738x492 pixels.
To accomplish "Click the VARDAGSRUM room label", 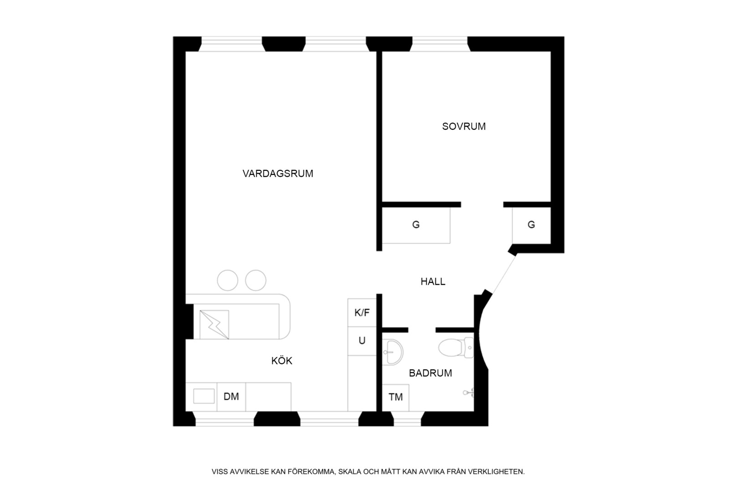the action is (278, 173).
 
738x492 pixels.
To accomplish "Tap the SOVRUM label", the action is (464, 126).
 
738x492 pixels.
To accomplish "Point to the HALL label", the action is (433, 282).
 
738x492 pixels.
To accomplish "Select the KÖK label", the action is (282, 360).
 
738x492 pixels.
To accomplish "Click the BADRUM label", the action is (430, 373).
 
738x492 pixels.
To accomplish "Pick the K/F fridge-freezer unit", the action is (362, 313).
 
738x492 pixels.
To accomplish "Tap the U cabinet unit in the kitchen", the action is (362, 341).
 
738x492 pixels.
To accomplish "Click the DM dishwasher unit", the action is (231, 397).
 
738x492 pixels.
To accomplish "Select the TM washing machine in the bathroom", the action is (395, 397).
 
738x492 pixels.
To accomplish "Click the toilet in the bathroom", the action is (456, 348).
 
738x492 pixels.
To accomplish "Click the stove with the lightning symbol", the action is (214, 325).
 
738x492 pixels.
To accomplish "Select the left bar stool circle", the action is (227, 280).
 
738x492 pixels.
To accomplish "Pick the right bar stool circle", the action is (256, 280).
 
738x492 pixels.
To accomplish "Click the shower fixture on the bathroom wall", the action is (468, 393).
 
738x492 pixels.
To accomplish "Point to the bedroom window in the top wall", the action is (440, 44).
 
